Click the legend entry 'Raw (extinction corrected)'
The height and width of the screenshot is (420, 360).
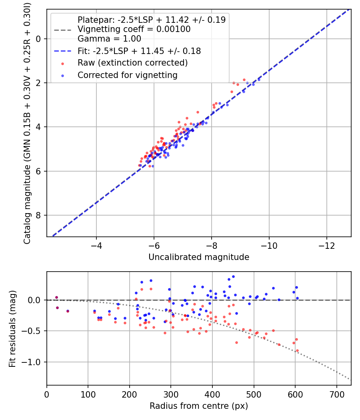132,63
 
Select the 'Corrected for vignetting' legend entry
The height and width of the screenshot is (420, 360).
127,75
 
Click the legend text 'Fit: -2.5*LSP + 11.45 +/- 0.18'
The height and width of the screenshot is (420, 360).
139,51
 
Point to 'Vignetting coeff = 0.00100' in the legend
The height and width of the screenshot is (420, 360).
134,29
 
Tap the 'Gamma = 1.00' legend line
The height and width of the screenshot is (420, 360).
109,39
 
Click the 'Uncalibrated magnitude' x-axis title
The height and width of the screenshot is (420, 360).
199,257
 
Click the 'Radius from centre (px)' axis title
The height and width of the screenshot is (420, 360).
199,406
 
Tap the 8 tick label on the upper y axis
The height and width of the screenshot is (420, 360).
39,216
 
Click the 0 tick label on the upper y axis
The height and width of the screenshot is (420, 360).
39,39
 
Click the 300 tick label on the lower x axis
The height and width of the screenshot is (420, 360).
171,394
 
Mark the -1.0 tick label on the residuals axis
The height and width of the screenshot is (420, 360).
33,362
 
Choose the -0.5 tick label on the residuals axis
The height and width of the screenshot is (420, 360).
33,331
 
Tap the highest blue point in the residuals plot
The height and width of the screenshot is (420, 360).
233,276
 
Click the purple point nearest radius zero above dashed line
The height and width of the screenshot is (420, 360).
56,297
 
